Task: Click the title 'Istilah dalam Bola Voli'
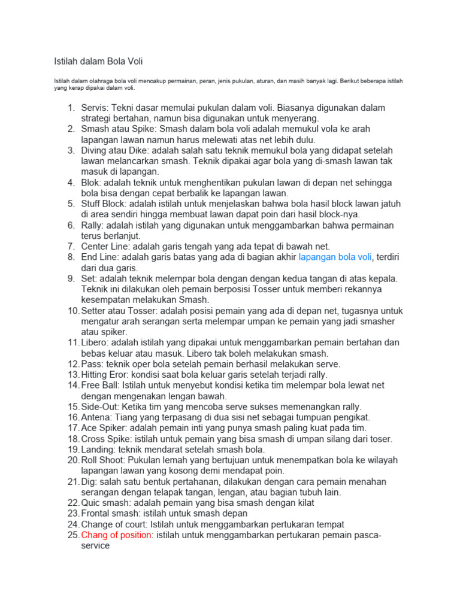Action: pos(95,62)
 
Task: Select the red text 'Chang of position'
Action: pos(116,535)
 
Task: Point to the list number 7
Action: pos(71,247)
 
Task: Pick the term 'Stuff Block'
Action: pos(103,204)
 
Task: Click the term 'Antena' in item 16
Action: pos(96,417)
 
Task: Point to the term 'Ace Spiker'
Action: pos(102,428)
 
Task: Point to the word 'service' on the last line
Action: pos(95,546)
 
